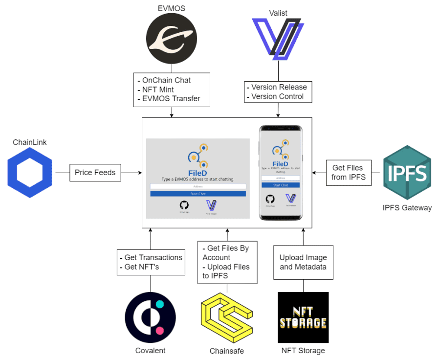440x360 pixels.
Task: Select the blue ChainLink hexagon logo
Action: [x=31, y=173]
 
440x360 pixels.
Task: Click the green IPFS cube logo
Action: [x=407, y=172]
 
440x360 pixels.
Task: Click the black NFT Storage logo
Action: [x=303, y=317]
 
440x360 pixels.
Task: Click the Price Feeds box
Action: [x=95, y=173]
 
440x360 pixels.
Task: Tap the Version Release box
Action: [x=278, y=92]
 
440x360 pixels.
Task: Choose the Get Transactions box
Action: [x=150, y=262]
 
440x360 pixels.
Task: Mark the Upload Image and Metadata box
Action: [x=303, y=262]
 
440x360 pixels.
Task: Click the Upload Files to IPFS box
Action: [x=227, y=262]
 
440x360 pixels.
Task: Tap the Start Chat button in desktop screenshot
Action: [x=198, y=194]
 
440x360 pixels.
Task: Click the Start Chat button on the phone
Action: [x=280, y=185]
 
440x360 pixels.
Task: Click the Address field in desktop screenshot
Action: [x=198, y=186]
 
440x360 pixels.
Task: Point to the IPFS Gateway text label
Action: [x=407, y=208]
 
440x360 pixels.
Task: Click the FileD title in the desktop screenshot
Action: [x=198, y=172]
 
